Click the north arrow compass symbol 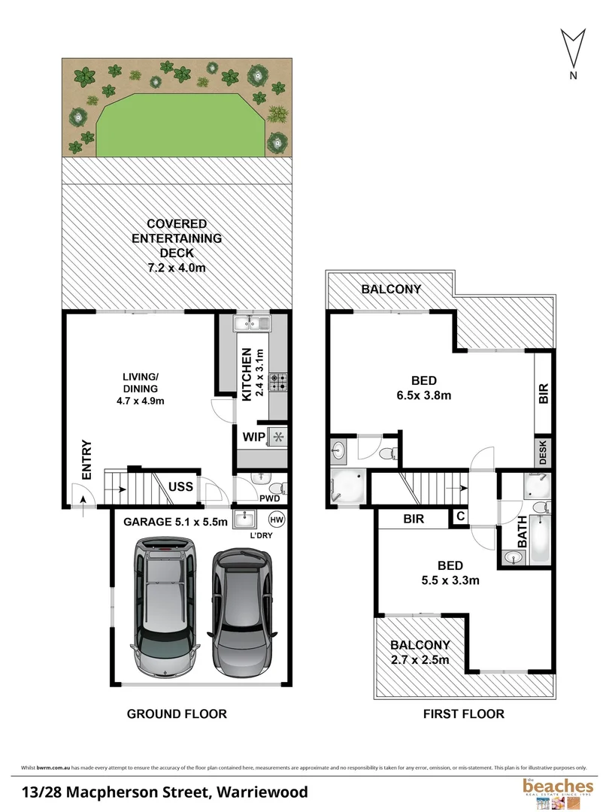point(574,50)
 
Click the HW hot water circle point(276,520)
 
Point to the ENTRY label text point(86,459)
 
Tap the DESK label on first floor point(543,452)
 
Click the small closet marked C point(458,517)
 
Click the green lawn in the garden point(180,120)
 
